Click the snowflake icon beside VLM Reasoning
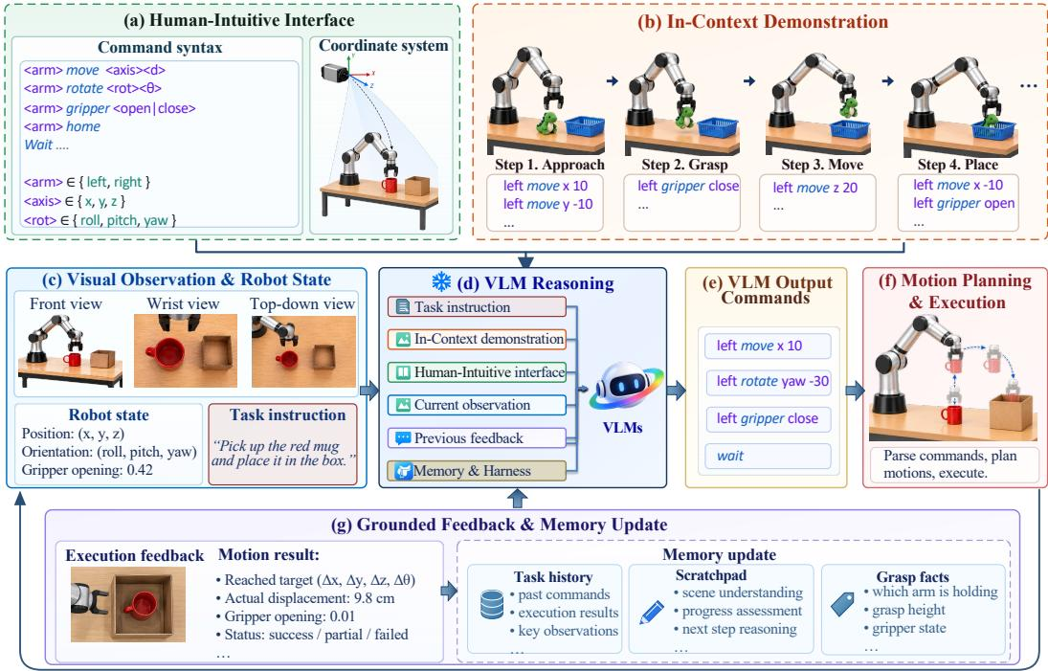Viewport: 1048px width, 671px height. coord(441,282)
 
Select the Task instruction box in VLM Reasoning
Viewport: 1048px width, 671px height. coord(477,306)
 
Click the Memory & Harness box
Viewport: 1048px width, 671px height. coord(477,471)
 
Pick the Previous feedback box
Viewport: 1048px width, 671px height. coord(477,437)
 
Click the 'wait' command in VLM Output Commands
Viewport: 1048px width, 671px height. coord(730,456)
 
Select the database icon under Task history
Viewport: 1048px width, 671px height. coord(492,604)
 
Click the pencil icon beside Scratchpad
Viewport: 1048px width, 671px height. coord(652,613)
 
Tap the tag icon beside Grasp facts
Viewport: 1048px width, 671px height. coord(843,604)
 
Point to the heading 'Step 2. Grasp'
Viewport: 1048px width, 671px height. coord(684,165)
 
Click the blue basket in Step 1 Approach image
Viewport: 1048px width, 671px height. coord(585,125)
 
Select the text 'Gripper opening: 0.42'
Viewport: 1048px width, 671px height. coord(87,470)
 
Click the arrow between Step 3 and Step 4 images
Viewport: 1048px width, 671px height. coord(887,80)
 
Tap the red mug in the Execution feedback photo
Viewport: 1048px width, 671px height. coord(141,605)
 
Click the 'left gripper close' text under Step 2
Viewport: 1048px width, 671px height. coord(688,186)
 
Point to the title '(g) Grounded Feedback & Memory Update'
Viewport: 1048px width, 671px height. coord(500,525)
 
